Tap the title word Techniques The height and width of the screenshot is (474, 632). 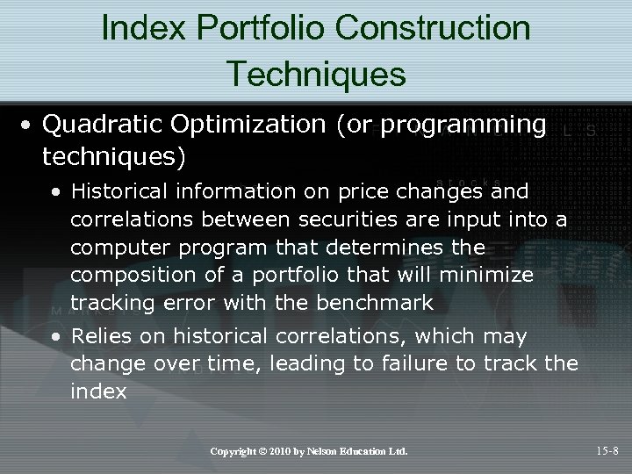click(x=316, y=74)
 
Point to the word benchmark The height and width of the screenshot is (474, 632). click(x=377, y=304)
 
